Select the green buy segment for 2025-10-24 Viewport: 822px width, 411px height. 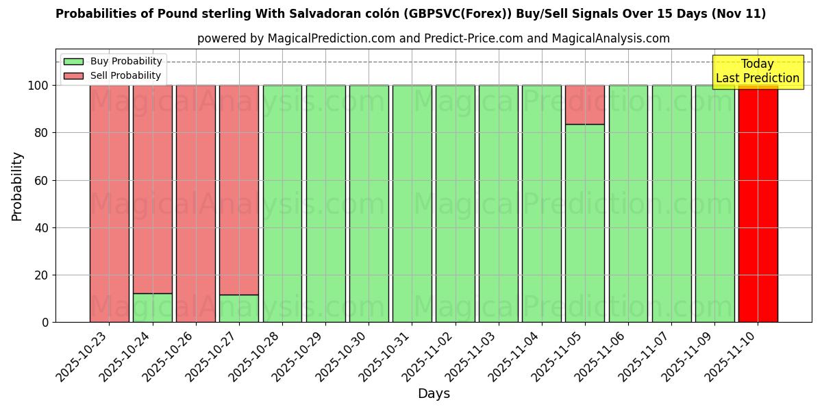[152, 308]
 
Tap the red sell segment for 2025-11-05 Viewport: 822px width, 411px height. [584, 105]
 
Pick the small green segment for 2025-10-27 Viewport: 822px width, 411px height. [238, 308]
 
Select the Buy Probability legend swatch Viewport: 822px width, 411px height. [73, 62]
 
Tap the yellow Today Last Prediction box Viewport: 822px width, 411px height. [758, 71]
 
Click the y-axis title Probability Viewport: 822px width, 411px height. [17, 186]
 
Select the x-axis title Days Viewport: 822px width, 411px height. [434, 394]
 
